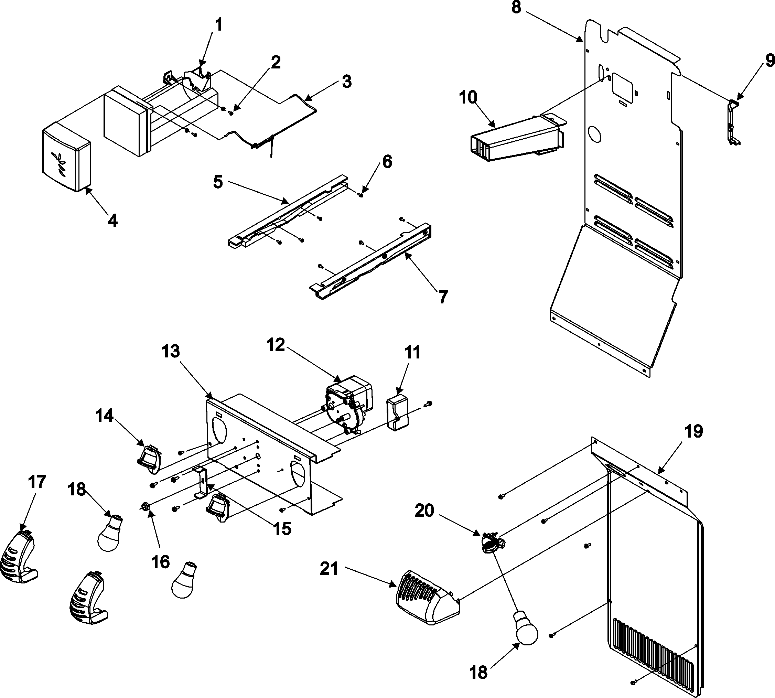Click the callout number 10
[x=467, y=98]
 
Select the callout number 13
[x=170, y=351]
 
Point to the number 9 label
[x=770, y=61]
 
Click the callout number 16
[x=161, y=562]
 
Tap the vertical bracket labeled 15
[x=202, y=482]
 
